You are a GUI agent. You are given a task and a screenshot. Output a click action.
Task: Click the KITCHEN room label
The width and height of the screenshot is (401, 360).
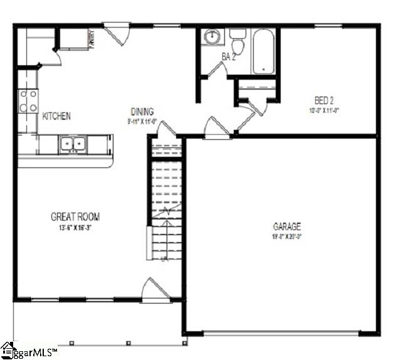(x=56, y=116)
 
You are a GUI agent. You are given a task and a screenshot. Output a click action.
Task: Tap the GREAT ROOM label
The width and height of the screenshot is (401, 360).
(x=75, y=217)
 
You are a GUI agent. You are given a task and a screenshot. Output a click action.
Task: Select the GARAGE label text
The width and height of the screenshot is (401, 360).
(x=287, y=226)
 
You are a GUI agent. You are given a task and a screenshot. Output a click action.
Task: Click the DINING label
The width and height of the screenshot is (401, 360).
(x=142, y=112)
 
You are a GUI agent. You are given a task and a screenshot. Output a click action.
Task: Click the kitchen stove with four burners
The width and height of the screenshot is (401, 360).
(x=28, y=101)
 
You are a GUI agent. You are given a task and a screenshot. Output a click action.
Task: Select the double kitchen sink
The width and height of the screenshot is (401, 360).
(x=73, y=145)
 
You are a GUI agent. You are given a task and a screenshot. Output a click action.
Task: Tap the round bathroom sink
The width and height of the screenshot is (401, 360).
(x=212, y=36)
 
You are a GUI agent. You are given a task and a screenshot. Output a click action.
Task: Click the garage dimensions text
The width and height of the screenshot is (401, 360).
(x=287, y=236)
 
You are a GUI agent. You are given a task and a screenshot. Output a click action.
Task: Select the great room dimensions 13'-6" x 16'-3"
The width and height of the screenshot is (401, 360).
(x=75, y=227)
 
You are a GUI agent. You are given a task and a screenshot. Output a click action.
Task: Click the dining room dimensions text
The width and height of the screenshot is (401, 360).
(x=142, y=121)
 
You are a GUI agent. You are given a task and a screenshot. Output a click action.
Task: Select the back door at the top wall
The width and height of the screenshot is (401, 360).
(x=117, y=31)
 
